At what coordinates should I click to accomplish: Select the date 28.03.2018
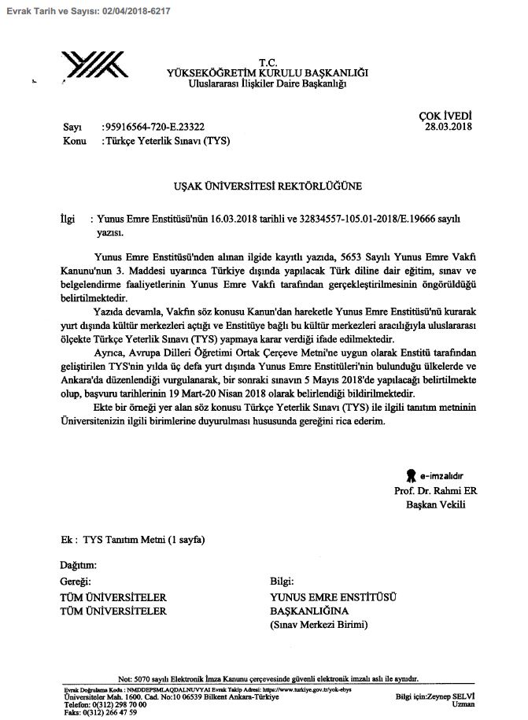pos(448,126)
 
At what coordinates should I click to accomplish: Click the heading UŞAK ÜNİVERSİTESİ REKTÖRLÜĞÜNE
pos(268,187)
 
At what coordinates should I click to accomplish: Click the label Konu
pos(73,142)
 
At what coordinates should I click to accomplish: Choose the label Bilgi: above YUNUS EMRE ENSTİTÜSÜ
pos(282,582)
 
